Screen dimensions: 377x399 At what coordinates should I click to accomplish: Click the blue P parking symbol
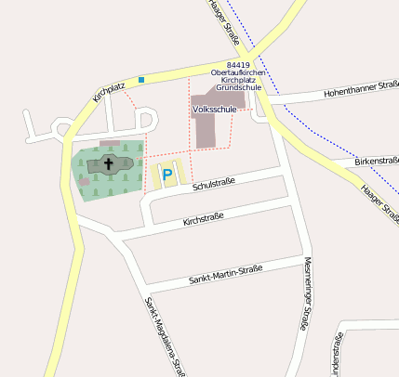167,174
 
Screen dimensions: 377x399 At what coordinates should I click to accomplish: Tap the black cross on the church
109,165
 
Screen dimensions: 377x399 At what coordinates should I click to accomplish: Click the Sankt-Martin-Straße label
225,274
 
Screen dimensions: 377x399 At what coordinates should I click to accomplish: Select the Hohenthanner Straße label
361,90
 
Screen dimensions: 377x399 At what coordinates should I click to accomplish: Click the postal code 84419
238,64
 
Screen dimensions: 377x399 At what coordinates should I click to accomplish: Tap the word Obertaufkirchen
239,72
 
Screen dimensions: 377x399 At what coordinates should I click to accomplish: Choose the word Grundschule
239,88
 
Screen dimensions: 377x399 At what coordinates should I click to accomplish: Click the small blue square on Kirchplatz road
141,80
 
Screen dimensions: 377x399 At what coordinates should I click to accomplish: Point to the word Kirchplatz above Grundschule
239,81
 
